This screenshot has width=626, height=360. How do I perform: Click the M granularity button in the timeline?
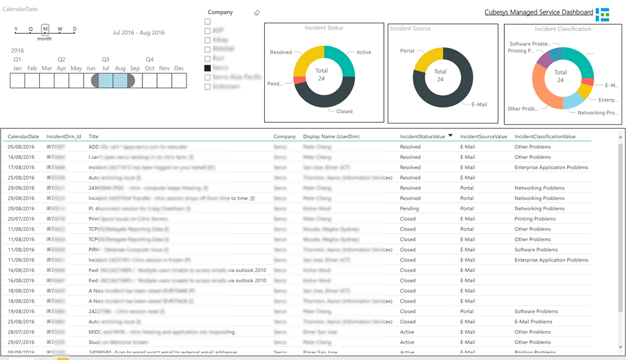point(45,29)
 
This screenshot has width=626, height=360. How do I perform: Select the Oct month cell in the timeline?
point(150,81)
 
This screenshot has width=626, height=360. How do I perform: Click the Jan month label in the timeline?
point(18,68)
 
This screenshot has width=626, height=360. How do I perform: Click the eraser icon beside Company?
point(257,13)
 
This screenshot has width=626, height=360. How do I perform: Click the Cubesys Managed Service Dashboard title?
point(538,12)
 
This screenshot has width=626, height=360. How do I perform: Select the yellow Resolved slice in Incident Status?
point(305,59)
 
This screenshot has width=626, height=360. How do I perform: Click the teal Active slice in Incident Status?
point(341,57)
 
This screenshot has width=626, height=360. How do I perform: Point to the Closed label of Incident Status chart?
point(344,111)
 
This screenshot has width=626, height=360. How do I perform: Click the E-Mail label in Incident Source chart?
point(479,105)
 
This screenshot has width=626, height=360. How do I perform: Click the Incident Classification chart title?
point(562,29)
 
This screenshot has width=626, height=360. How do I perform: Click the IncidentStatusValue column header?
point(422,137)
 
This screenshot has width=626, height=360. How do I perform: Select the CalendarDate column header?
point(23,137)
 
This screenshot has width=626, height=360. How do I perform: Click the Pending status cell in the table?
point(409,208)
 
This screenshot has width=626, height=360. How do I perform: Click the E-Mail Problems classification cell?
point(533,321)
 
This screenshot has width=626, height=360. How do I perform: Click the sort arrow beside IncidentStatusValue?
point(451,136)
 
